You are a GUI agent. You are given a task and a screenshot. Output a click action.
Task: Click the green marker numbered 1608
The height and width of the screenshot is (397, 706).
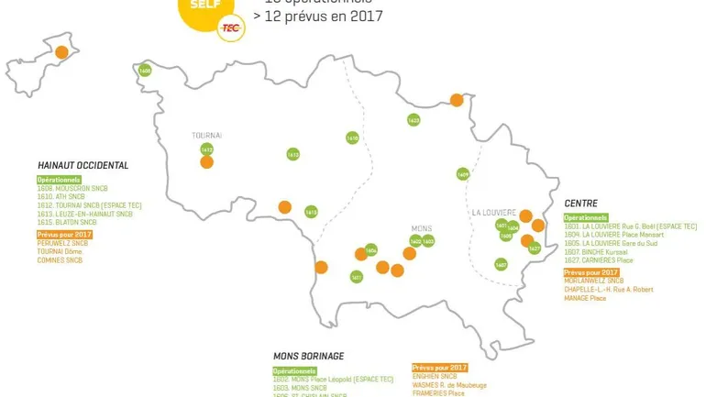coord(145,70)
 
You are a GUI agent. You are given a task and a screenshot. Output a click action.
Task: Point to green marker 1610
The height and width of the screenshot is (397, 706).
coord(352,138)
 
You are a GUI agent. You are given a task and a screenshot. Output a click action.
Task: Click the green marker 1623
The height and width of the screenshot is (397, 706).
coord(414,120)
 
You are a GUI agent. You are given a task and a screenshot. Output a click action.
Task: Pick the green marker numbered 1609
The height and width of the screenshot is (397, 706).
coord(463,174)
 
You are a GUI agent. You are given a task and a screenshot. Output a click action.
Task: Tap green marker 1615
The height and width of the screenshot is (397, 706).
coord(311,212)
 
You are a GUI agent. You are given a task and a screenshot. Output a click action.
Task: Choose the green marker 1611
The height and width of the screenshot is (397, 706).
coord(357,276)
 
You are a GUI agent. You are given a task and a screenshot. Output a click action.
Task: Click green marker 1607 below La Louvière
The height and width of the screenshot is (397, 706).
coord(501,264)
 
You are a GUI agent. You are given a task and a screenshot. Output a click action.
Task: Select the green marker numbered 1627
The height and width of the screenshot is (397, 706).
coord(535,248)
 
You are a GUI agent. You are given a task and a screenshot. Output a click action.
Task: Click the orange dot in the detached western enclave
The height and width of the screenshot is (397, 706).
coord(61,53)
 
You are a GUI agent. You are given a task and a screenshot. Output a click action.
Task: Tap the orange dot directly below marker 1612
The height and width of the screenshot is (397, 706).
coord(207,163)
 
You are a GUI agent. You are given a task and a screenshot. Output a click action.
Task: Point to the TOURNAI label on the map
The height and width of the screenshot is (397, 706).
coord(206,136)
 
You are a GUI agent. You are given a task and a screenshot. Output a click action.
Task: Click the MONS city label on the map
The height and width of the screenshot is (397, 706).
coord(422,228)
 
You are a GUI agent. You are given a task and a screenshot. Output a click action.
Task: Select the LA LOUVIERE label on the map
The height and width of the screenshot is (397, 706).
coord(495,211)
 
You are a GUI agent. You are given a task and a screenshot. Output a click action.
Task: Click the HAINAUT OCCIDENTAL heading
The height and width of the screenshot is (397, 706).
coord(83,166)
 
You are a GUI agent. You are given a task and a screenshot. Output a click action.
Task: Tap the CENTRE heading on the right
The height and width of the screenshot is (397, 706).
coord(580,204)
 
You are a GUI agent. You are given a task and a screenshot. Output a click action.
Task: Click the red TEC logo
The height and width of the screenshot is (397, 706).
coord(231,28)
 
